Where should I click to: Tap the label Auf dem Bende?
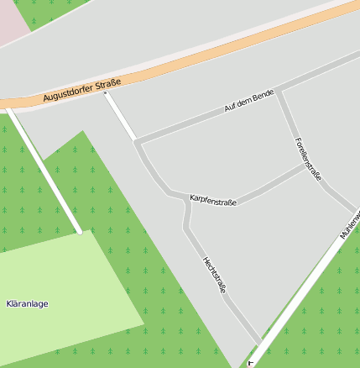click(250, 102)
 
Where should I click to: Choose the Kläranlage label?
click(27, 302)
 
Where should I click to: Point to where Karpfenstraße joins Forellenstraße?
click(305, 166)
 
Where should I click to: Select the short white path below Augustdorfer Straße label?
click(121, 116)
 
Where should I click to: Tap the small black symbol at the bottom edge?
click(250, 364)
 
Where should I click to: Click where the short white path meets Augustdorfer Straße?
click(106, 92)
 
